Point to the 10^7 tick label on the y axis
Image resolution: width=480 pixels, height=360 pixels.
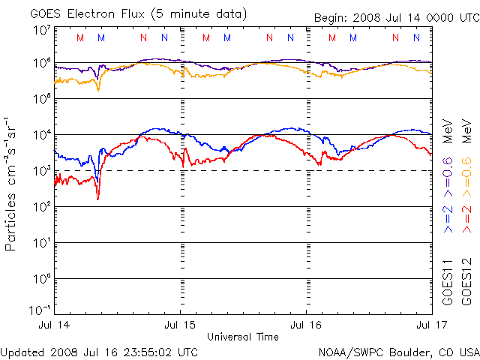(40, 30)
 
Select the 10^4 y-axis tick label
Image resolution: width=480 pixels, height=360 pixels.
(40, 134)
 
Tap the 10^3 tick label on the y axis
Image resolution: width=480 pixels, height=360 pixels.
(40, 170)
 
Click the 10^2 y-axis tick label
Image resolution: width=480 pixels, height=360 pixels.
(40, 206)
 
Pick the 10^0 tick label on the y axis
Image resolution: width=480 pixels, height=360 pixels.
(40, 278)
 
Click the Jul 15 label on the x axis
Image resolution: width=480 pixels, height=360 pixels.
(181, 325)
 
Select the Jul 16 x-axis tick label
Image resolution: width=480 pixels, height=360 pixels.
(306, 325)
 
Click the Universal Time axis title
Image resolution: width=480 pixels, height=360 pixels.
(243, 336)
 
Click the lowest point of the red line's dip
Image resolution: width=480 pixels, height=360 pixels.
(97, 199)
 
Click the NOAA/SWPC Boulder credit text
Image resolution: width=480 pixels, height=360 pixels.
(398, 352)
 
